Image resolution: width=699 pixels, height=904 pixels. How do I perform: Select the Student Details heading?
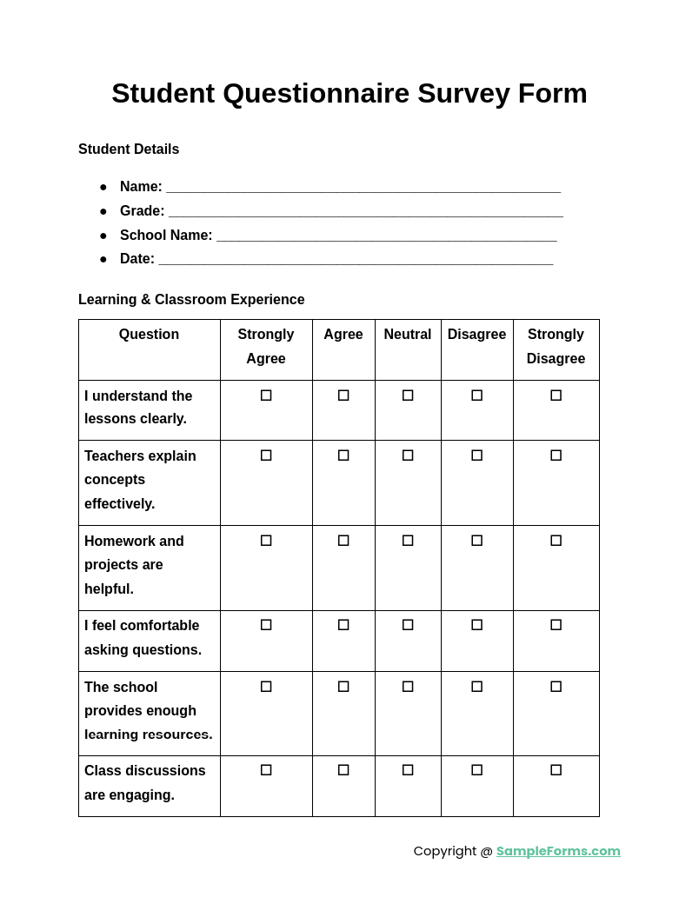tap(129, 150)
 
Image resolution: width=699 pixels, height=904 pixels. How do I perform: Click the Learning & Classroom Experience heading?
tap(191, 300)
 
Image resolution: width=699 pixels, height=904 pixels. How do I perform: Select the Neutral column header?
tap(408, 335)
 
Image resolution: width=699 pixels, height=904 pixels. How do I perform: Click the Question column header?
tap(149, 335)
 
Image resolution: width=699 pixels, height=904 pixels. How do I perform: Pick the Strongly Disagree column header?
tap(556, 346)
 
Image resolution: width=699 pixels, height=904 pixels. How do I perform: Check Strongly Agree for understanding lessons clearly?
tap(266, 395)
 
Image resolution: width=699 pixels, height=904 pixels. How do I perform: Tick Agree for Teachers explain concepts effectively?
tap(343, 455)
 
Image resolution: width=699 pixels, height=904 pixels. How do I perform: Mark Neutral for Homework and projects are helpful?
tap(408, 541)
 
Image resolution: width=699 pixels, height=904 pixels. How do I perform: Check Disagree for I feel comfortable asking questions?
tap(476, 625)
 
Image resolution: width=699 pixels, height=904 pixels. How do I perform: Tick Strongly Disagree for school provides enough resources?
tap(556, 687)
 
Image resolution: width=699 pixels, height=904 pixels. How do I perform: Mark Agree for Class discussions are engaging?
tap(343, 770)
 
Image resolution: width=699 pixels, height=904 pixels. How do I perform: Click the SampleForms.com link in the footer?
tap(558, 851)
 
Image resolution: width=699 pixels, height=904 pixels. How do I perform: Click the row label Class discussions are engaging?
tap(145, 782)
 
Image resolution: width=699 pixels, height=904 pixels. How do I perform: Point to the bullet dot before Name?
tap(103, 187)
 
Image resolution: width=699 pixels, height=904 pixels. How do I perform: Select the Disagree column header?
tap(476, 335)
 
